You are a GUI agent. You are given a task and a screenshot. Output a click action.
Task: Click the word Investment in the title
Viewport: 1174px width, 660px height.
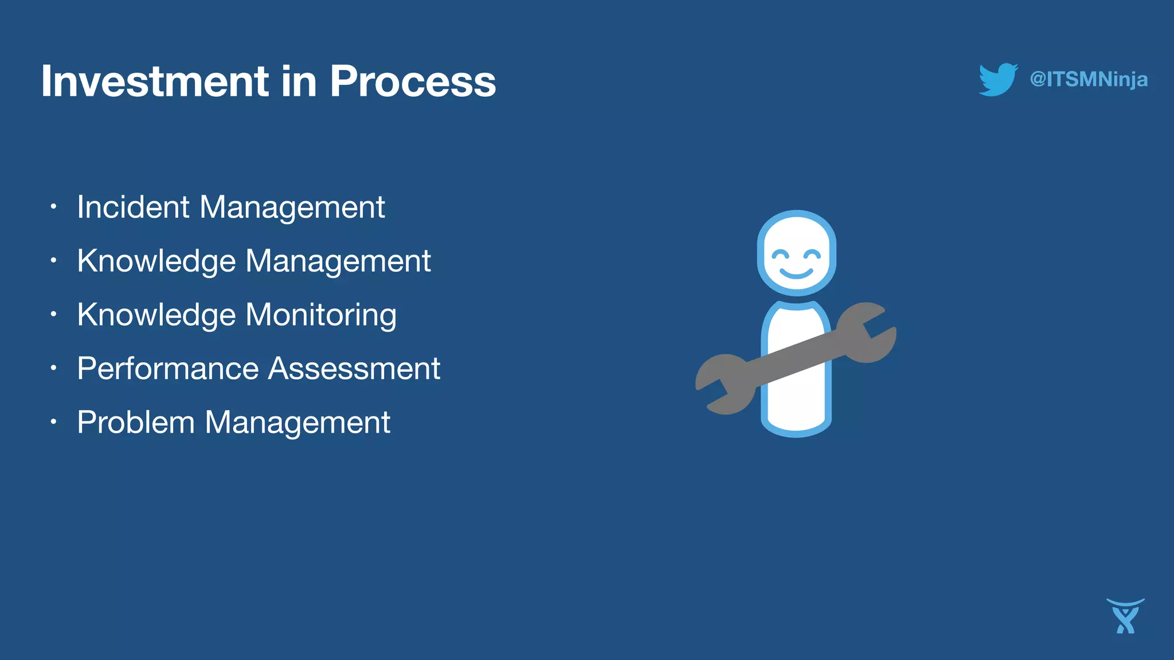pyautogui.click(x=155, y=81)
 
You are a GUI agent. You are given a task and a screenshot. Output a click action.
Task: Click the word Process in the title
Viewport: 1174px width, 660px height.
pyautogui.click(x=412, y=81)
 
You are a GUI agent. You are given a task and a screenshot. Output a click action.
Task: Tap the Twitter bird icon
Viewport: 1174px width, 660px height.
pyautogui.click(x=997, y=79)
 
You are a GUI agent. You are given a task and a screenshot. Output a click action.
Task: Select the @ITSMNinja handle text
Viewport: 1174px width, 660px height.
pyautogui.click(x=1088, y=79)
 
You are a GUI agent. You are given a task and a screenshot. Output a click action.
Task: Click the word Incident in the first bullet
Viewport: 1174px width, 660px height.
pyautogui.click(x=133, y=207)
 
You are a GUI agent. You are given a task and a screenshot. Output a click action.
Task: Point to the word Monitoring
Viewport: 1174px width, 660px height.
pyautogui.click(x=321, y=315)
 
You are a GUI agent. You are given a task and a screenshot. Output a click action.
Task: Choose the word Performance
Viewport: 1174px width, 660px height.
pyautogui.click(x=167, y=368)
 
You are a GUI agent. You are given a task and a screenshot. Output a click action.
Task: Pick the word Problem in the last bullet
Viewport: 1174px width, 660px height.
pyautogui.click(x=136, y=422)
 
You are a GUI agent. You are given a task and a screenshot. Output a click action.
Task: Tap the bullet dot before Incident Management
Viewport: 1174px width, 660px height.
pyautogui.click(x=53, y=206)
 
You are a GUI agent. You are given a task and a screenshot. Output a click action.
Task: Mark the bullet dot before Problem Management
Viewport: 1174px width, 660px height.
pyautogui.click(x=53, y=422)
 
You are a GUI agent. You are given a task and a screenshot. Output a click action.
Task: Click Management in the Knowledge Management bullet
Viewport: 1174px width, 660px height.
pyautogui.click(x=338, y=261)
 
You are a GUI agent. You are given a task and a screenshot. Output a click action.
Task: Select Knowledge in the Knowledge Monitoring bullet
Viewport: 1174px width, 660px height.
pyautogui.click(x=156, y=315)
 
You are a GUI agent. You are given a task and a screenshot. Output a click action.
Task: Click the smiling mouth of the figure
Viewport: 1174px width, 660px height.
pyautogui.click(x=796, y=273)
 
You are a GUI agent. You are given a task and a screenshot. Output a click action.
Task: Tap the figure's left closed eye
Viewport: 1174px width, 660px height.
pyautogui.click(x=780, y=254)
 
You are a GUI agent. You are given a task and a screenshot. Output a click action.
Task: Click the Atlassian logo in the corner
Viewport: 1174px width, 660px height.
pyautogui.click(x=1125, y=616)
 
